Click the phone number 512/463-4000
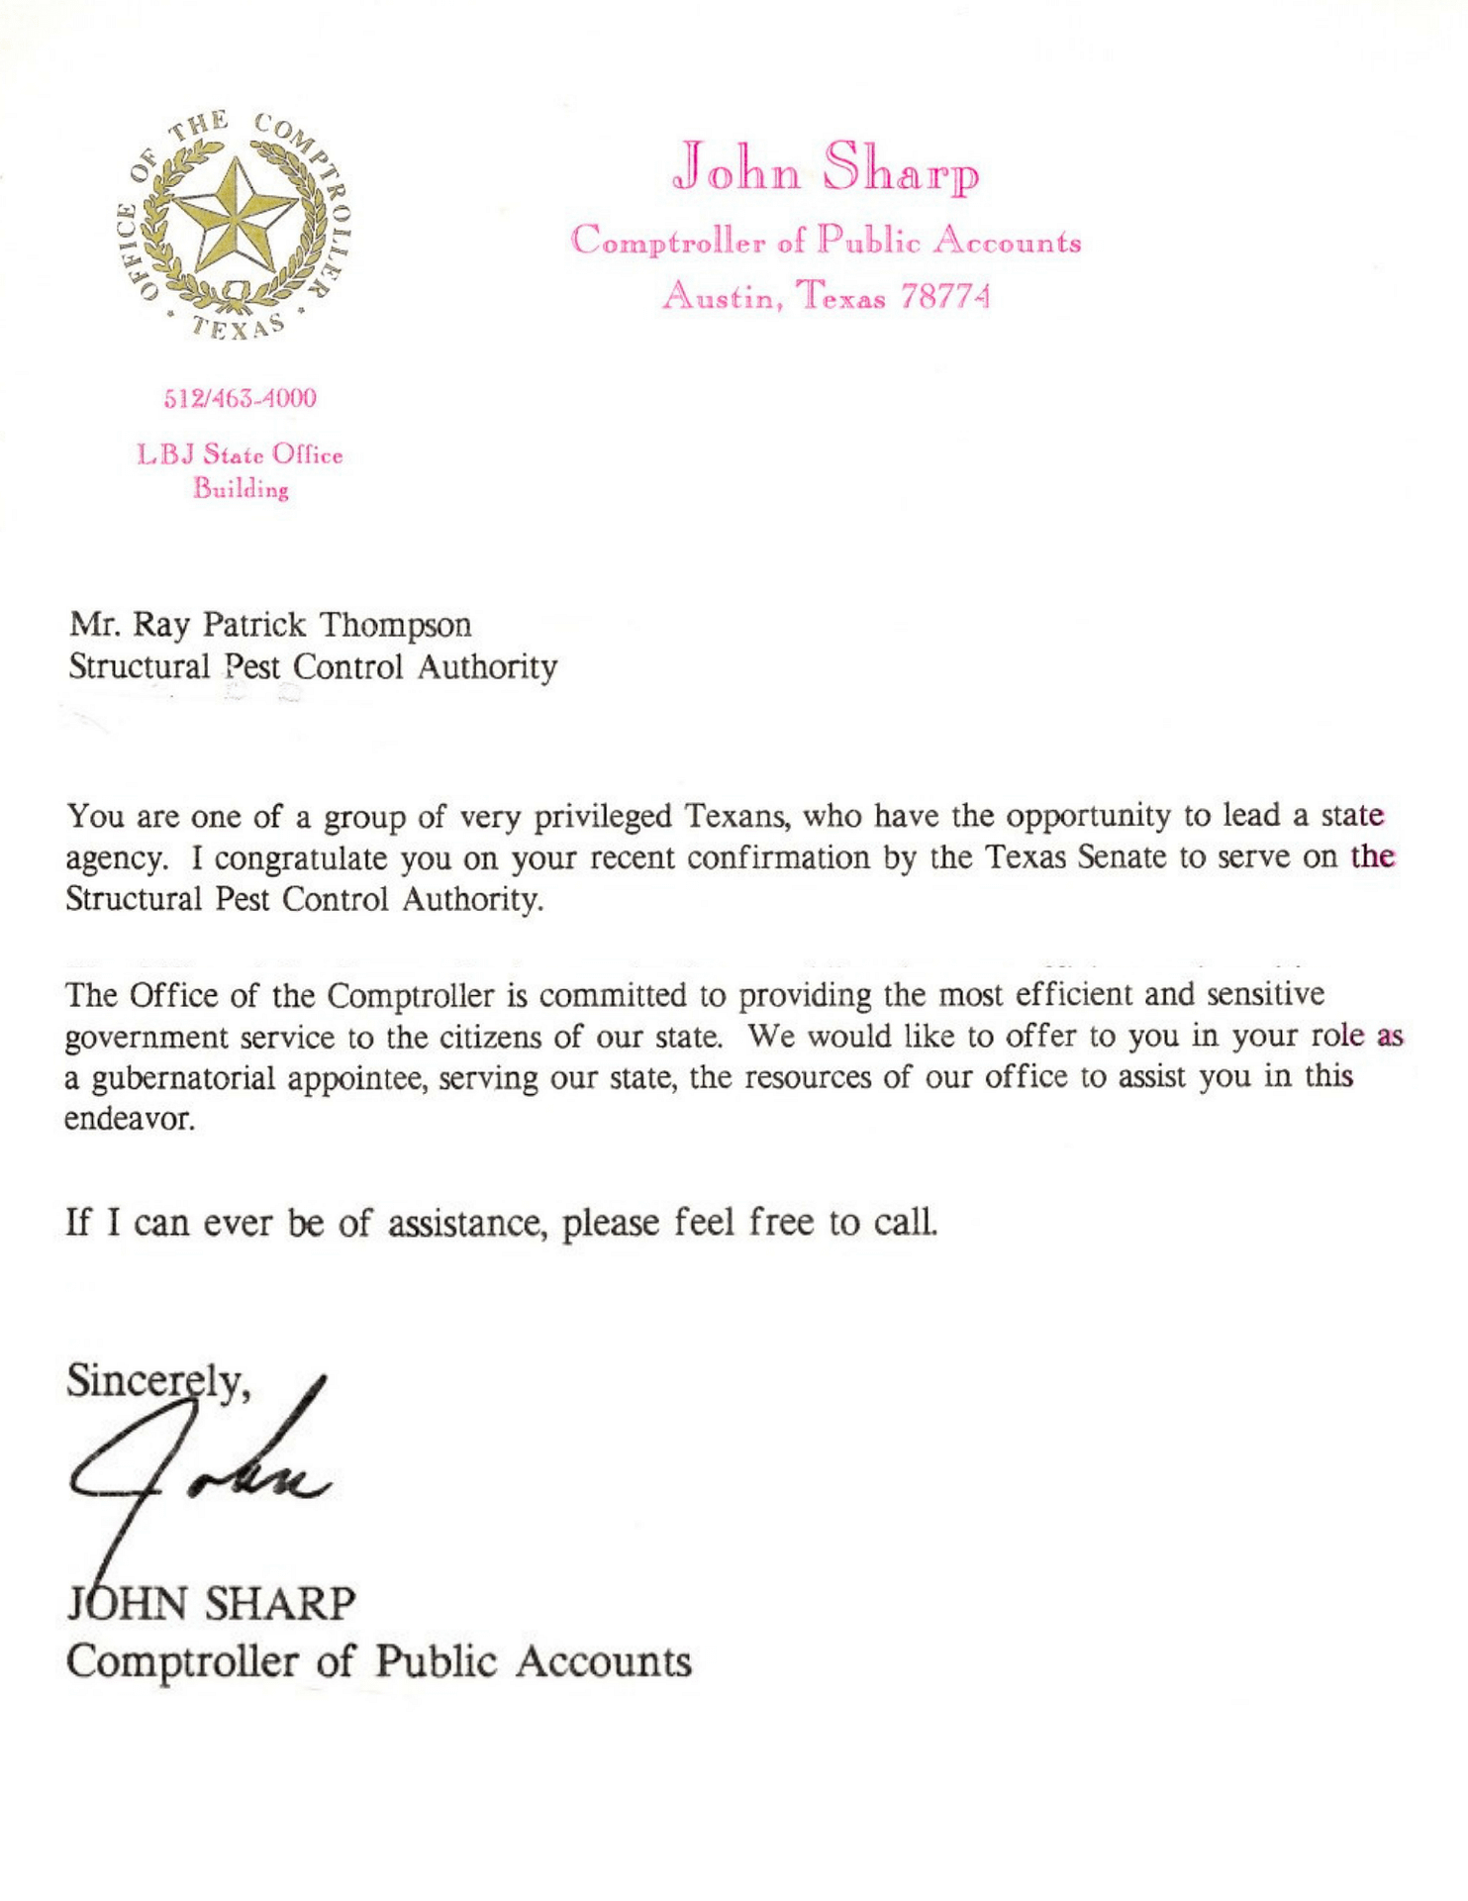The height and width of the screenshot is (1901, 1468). click(240, 399)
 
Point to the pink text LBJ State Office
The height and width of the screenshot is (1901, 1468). click(240, 455)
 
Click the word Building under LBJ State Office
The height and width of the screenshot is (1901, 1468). click(241, 489)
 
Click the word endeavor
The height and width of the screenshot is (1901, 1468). click(130, 1120)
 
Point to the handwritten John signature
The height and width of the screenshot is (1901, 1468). click(198, 1465)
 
